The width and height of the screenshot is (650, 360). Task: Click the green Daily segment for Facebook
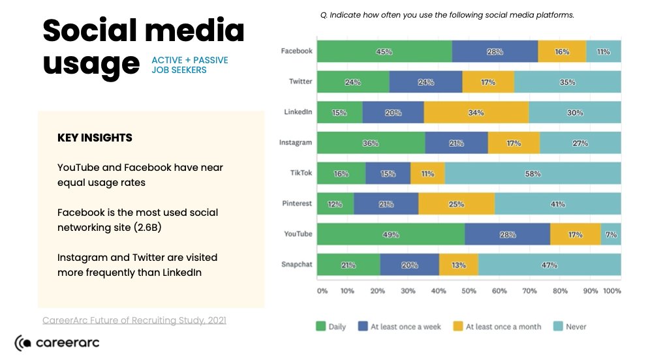pos(384,52)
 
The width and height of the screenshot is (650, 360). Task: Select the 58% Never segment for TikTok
pos(533,173)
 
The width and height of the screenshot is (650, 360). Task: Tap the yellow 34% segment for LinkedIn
pos(476,112)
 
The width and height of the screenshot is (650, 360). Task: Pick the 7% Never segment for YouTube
pos(611,234)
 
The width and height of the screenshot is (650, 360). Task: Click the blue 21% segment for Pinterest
pos(386,204)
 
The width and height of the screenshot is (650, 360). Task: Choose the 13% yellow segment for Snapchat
pos(458,265)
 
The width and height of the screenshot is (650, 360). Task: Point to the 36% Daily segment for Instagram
pos(371,143)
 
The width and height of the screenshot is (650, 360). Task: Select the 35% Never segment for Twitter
pos(567,82)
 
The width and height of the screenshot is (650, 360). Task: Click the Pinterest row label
pos(296,203)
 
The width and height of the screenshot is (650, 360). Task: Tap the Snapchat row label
pos(296,264)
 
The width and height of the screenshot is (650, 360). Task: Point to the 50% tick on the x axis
pos(469,291)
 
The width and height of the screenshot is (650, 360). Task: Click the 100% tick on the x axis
pos(612,291)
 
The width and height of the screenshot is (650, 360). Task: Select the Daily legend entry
pos(331,327)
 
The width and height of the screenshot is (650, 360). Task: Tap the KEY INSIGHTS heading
pos(95,138)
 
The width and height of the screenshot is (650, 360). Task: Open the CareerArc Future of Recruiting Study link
pos(134,320)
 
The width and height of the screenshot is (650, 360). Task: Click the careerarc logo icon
pos(23,342)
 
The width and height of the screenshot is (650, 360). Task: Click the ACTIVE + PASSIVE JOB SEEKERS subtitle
pos(189,65)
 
